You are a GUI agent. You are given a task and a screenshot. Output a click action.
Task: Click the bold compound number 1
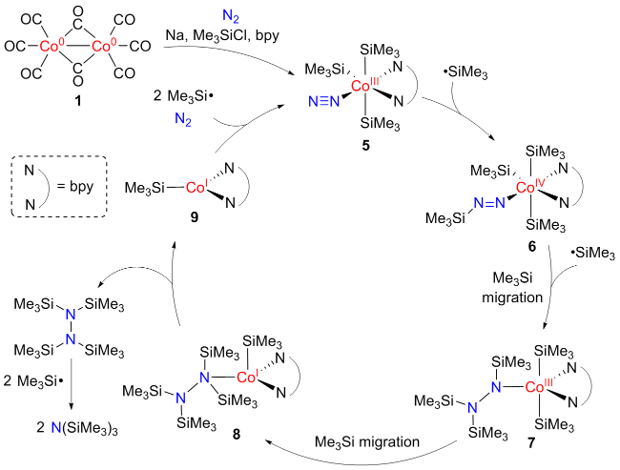(78, 101)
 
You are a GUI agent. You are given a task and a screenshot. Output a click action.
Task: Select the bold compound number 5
(366, 146)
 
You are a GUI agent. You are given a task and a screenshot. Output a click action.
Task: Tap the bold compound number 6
(532, 247)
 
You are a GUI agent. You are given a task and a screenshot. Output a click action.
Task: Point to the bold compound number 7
(531, 443)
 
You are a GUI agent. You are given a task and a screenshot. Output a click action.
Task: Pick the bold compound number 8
(236, 435)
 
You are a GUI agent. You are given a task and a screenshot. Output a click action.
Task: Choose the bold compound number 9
(195, 217)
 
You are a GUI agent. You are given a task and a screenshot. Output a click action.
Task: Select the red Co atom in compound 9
(196, 188)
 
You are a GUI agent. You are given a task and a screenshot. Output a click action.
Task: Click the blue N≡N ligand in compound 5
(324, 102)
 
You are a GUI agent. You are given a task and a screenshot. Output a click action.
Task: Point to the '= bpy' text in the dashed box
(75, 185)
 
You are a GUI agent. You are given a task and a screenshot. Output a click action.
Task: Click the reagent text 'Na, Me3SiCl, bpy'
(222, 35)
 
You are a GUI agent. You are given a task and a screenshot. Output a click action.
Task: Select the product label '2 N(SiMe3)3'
(77, 428)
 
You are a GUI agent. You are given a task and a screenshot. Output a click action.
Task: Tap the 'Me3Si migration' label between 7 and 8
(367, 442)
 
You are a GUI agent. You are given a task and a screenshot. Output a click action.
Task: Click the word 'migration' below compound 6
(512, 297)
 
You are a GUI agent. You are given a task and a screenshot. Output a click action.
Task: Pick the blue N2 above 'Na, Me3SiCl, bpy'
(231, 16)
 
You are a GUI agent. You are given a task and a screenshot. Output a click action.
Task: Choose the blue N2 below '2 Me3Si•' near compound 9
(183, 118)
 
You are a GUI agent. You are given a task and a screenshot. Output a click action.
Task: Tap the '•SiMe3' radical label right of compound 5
(465, 72)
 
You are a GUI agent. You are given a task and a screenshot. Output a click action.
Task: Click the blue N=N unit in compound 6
(489, 203)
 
